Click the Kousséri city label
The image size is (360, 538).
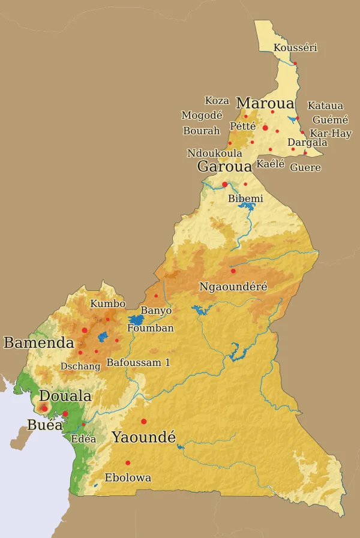[295, 48]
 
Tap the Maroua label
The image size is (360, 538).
[265, 103]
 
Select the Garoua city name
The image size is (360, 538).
[224, 167]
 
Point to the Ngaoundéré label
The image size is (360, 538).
[233, 287]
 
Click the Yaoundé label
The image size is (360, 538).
[143, 437]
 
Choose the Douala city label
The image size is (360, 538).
[65, 396]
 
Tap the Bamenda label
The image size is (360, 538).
[38, 343]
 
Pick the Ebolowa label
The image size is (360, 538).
[128, 478]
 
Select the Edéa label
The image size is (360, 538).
[83, 439]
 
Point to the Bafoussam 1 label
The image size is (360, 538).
[138, 362]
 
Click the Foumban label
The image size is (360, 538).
[151, 328]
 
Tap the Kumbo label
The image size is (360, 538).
[107, 304]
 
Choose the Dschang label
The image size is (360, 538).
[80, 366]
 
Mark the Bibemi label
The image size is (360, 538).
[245, 199]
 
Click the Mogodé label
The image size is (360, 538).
[202, 115]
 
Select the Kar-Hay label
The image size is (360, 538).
[331, 134]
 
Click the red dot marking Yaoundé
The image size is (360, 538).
[143, 420]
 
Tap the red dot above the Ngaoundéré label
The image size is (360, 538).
[233, 271]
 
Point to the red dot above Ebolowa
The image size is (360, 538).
[128, 462]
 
